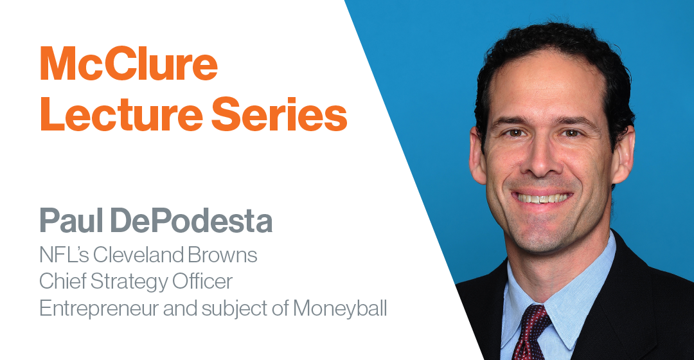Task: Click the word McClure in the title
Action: click(129, 64)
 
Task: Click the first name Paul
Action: click(71, 220)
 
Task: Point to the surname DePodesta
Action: click(191, 220)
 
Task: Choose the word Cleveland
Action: click(138, 255)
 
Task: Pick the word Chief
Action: click(62, 281)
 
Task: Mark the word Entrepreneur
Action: click(99, 309)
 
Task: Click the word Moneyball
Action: click(340, 309)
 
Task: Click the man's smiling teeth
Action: click(542, 198)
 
